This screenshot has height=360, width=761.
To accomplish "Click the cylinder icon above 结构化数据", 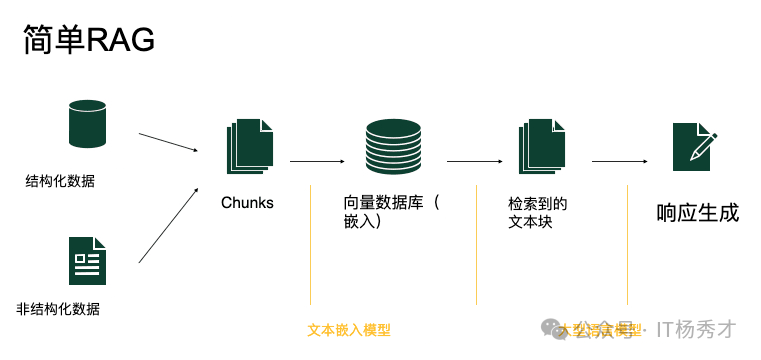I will [x=87, y=123].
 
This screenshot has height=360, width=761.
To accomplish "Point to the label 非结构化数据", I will [x=59, y=308].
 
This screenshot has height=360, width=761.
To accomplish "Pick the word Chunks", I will [x=247, y=203].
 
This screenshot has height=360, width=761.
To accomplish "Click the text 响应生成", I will [x=697, y=212].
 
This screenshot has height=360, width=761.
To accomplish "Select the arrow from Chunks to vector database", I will [x=317, y=160].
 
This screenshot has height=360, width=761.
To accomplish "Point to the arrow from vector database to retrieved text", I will [x=474, y=160].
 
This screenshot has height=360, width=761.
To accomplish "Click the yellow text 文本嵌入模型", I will [x=348, y=329].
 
